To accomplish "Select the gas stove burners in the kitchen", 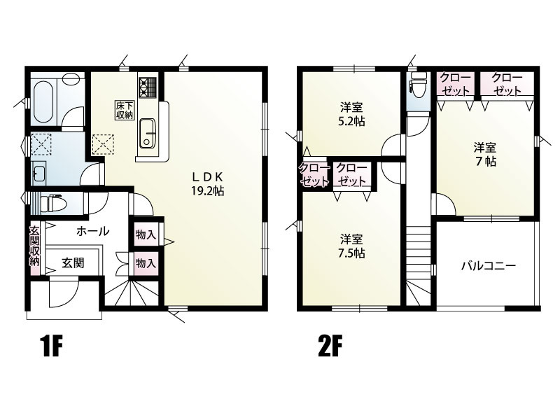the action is pos(148,87).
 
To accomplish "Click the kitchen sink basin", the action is pos(147,133).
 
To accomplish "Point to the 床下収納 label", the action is pos(125,111).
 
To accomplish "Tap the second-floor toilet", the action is pos(417,85).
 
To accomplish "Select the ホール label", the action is pos(93,232).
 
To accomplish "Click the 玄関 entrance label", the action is pos(73,263).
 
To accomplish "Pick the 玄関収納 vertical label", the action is pos(34,246).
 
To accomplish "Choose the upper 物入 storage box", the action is pos(146,234).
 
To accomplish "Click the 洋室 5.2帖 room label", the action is pos(351,114).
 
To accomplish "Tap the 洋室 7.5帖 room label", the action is pos(351,246).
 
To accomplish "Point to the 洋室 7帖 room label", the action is pos(485,154).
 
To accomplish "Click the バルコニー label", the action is pos(488,266).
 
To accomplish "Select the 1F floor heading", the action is pos(52,346).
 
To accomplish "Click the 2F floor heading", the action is pos(330,346).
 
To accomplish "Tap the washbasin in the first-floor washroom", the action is pos(38,173).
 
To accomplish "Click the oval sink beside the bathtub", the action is pos(72,79).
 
